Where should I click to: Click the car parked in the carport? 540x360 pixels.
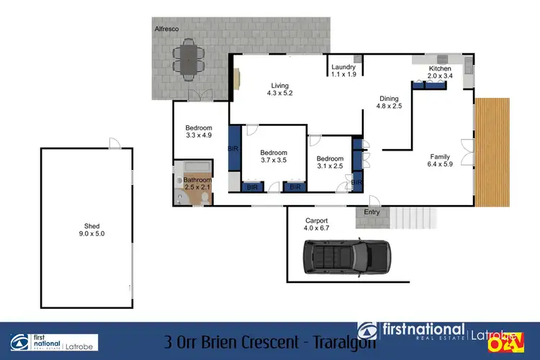tap(345, 258)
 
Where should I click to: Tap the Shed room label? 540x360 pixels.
tap(87, 225)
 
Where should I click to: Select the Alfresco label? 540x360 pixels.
tap(166, 28)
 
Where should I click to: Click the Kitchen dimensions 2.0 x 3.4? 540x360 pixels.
tap(439, 76)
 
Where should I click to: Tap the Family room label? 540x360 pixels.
tap(440, 156)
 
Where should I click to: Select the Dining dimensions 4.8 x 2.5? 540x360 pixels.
tap(389, 107)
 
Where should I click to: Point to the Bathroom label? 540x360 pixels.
tap(197, 180)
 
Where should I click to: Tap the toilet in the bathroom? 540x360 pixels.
tap(178, 194)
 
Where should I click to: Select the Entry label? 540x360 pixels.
tap(372, 212)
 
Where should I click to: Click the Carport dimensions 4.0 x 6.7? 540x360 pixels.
tap(317, 228)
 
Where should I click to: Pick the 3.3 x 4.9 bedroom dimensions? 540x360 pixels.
tap(199, 135)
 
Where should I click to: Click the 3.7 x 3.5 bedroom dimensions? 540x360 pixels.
tap(274, 161)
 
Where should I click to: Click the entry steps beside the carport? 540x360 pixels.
tap(413, 216)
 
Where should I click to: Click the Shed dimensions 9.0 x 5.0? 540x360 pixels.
tap(87, 233)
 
